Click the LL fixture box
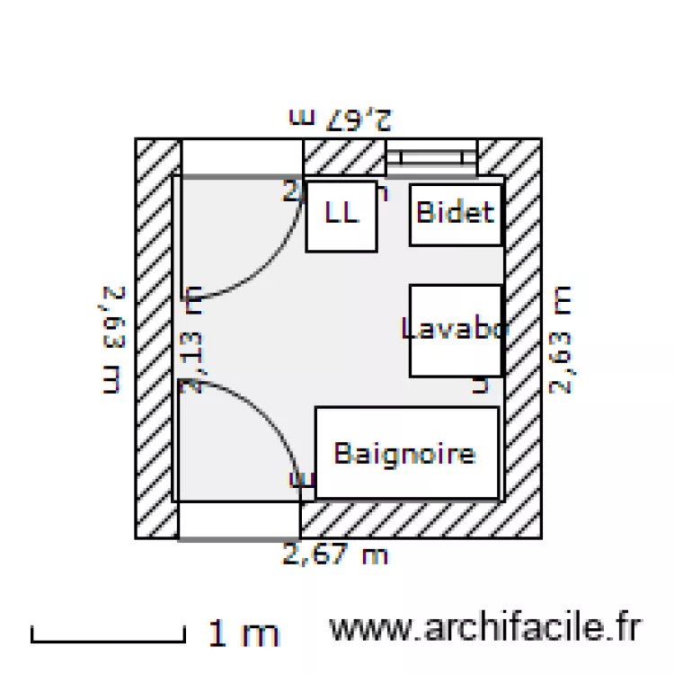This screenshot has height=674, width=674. (341, 216)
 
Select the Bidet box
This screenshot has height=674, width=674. (456, 213)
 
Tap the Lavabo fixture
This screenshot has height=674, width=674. (455, 330)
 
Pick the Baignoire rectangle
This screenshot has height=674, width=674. (406, 452)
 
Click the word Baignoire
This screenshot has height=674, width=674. (404, 452)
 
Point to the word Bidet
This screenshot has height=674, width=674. (456, 212)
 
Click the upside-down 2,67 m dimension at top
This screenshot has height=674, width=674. (341, 118)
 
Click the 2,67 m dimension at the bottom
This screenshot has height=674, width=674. (334, 554)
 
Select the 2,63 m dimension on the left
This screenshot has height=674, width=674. (111, 339)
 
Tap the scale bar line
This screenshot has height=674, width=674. (108, 640)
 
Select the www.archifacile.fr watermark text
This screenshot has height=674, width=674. (485, 629)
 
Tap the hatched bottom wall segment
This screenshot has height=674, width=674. (420, 519)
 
